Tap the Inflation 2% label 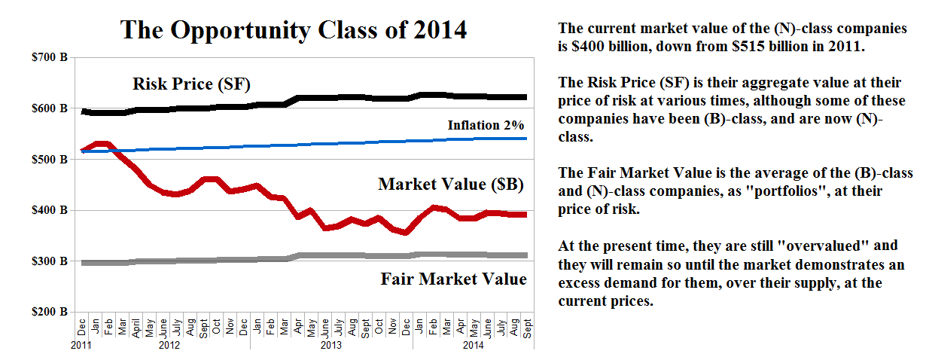486,125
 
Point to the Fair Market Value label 453,279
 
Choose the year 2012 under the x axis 169,346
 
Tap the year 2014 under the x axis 473,346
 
